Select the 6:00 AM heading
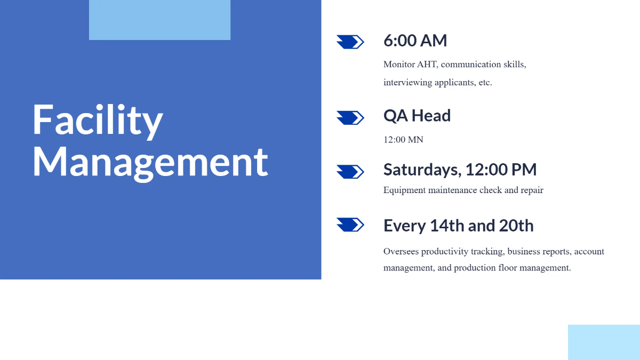pos(415,41)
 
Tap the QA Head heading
pos(417,116)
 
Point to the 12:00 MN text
pos(403,140)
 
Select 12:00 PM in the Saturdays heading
pos(501,170)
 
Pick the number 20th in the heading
pos(516,226)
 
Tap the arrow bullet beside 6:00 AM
pos(350,42)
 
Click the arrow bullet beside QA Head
pos(350,118)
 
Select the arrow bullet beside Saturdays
pos(350,172)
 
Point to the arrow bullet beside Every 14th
pos(350,225)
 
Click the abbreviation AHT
pos(427,65)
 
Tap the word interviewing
pos(407,83)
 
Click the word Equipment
pos(405,190)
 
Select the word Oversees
pos(401,251)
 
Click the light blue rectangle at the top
pos(159,20)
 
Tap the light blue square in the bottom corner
pos(604,342)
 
